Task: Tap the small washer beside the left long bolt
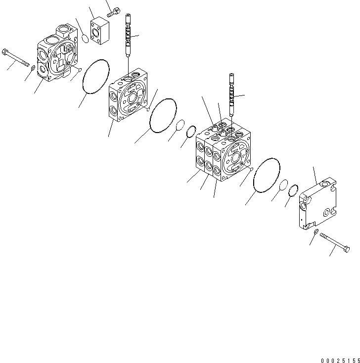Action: [x=33, y=68]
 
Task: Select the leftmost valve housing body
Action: [x=56, y=57]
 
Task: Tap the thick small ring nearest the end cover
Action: [x=293, y=190]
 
